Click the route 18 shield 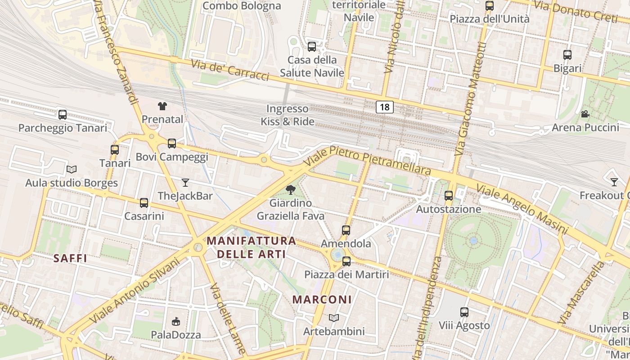[x=384, y=107]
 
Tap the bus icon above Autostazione [x=448, y=196]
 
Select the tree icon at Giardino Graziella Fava [x=291, y=190]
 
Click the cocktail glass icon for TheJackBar [x=185, y=182]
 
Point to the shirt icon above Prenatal [x=162, y=106]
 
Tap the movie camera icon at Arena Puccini [x=585, y=114]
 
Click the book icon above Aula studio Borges [x=71, y=169]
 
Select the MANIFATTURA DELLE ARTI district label [x=252, y=247]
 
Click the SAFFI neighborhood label [x=70, y=258]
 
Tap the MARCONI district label [x=322, y=299]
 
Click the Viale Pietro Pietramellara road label [x=367, y=160]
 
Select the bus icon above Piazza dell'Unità [x=490, y=6]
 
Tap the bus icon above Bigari [x=567, y=55]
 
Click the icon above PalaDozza [x=176, y=321]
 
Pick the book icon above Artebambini [x=333, y=318]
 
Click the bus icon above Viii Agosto [x=464, y=312]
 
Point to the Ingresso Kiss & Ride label [x=288, y=115]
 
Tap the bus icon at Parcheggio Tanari [x=63, y=114]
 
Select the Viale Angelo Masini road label [x=522, y=210]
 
